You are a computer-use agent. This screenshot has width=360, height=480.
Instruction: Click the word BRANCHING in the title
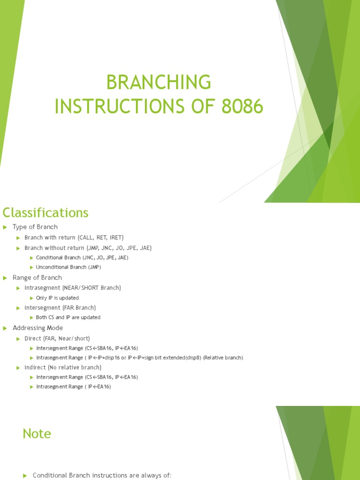[x=158, y=82]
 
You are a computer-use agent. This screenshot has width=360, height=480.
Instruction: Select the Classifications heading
[x=45, y=213]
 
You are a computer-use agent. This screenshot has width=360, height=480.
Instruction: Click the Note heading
[x=37, y=434]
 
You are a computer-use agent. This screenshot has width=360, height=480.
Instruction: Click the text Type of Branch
[x=35, y=227]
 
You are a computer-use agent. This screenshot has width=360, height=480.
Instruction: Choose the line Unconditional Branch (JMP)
[x=68, y=267]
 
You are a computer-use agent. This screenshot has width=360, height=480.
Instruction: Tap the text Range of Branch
[x=37, y=277]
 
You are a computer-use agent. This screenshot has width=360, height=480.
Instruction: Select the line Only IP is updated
[x=57, y=298]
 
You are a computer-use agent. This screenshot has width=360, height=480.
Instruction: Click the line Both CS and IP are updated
[x=68, y=317]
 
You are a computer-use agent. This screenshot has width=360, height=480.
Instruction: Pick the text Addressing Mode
[x=37, y=328]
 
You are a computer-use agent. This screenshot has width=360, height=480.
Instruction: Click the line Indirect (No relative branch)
[x=63, y=367]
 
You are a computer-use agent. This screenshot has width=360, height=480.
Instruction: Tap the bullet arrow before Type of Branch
[x=5, y=227]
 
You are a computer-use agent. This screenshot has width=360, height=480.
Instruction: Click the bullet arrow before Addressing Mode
[x=5, y=328]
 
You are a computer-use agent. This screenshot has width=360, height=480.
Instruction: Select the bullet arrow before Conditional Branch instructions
[x=25, y=475]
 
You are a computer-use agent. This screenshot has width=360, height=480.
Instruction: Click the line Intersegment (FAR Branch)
[x=60, y=307]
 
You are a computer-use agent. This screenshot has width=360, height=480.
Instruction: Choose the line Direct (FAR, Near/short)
[x=57, y=338]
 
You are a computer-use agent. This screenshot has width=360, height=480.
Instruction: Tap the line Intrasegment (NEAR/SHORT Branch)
[x=73, y=288]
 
